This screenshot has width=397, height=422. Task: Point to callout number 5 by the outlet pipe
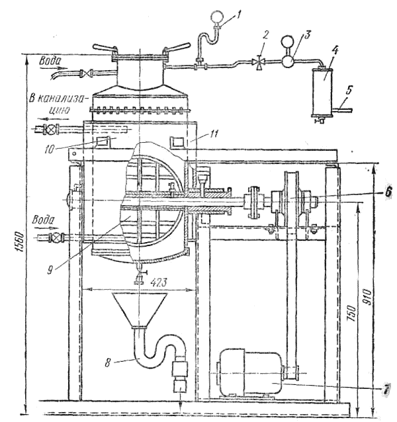[349, 91]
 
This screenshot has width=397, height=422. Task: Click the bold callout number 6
[387, 192]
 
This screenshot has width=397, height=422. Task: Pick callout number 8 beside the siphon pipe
[107, 363]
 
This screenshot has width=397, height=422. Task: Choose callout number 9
[50, 270]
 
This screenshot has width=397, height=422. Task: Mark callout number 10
[49, 149]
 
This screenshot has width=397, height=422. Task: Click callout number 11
[214, 134]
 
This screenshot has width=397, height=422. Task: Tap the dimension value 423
[159, 282]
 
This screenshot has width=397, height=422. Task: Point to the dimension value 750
[353, 314]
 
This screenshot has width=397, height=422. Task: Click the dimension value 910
[367, 297]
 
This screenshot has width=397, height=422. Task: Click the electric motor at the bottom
[249, 372]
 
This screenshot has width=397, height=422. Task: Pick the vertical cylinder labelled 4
[322, 92]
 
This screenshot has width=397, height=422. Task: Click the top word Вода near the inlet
[50, 61]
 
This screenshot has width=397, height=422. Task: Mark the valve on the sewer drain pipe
[50, 130]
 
